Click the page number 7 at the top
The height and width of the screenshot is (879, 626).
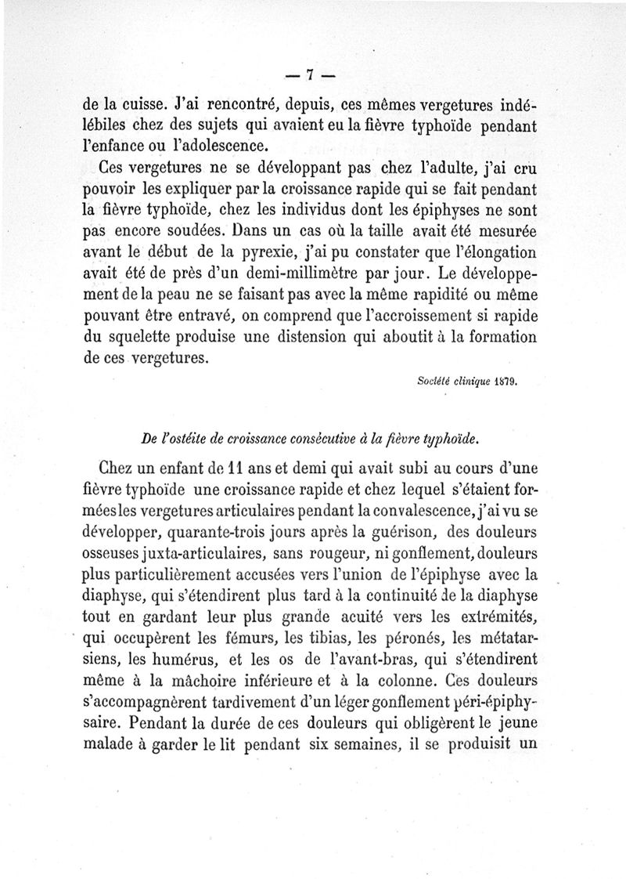coord(309,75)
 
